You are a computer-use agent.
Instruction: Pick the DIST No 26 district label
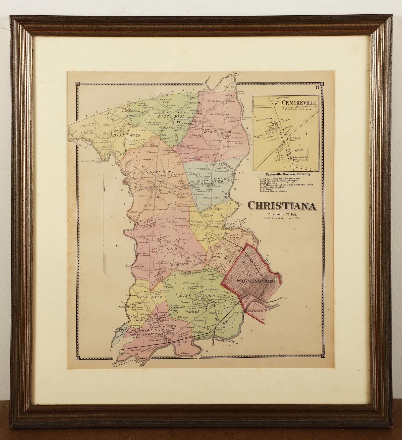[214, 131]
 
